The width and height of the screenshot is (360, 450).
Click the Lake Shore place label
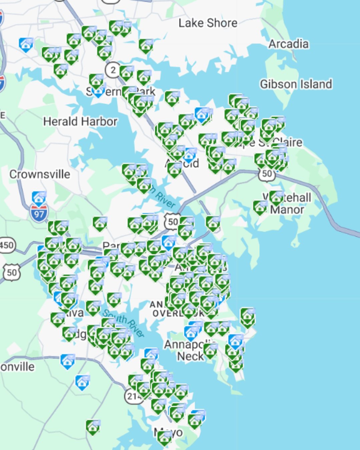[x=208, y=23]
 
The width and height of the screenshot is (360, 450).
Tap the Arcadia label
[x=288, y=44]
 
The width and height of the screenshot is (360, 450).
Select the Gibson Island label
[x=296, y=84]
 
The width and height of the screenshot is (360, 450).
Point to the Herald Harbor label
[x=80, y=121]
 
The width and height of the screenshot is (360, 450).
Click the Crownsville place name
[x=40, y=174]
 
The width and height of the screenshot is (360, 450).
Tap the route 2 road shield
[x=113, y=70]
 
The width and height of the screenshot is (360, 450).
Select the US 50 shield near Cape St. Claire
[x=267, y=174]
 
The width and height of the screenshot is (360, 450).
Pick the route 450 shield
[x=7, y=245]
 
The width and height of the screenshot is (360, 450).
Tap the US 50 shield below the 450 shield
[x=12, y=273]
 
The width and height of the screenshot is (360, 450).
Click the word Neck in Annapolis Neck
[x=190, y=356]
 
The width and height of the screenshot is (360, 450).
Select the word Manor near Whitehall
[x=287, y=210]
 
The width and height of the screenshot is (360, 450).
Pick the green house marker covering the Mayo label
[x=164, y=437]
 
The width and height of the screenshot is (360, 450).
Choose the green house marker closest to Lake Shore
[x=146, y=46]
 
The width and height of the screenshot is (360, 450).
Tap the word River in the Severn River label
[x=166, y=200]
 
